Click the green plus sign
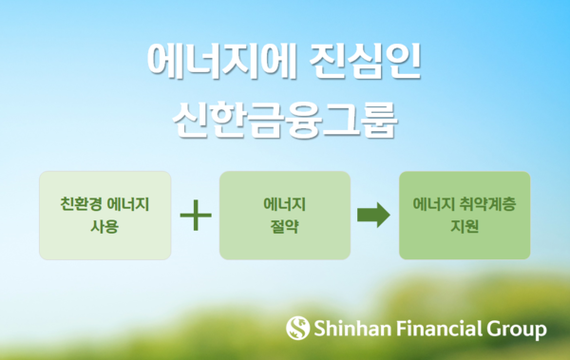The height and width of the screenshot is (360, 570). coord(195,216)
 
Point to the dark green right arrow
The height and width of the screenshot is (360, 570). coord(373,216)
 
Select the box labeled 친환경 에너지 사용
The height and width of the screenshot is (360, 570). coord(105,216)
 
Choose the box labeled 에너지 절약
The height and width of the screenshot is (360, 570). coord(285,216)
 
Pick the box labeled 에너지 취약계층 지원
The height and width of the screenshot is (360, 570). coord(465,216)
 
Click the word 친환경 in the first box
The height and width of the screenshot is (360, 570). coord(78,204)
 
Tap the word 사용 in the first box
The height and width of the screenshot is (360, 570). coord(104,227)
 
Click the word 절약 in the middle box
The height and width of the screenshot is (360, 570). coord(285,227)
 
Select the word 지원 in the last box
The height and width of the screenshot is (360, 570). coord(465,227)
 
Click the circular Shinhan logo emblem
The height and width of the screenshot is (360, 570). coord(298,330)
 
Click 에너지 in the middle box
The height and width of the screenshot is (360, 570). coord(285,204)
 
